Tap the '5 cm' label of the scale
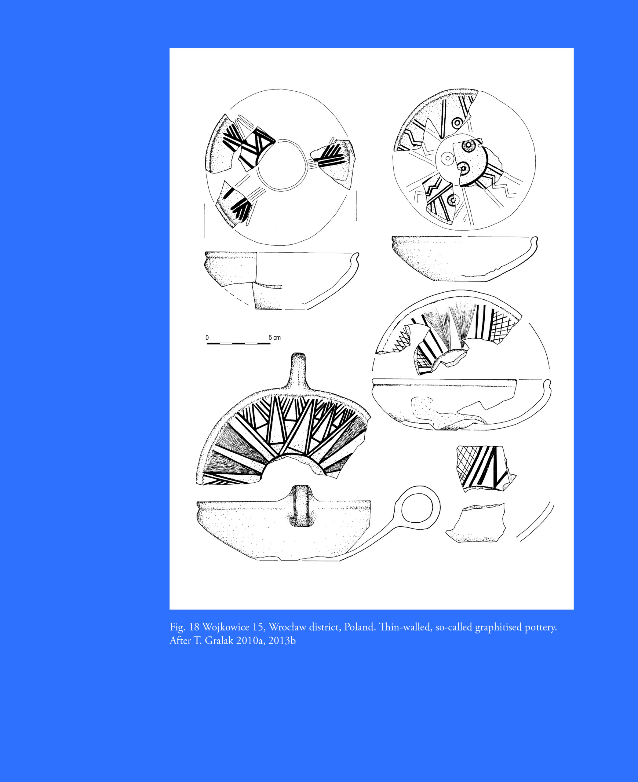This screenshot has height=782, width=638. pyautogui.click(x=275, y=337)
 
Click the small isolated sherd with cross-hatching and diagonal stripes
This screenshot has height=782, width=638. pyautogui.click(x=484, y=468)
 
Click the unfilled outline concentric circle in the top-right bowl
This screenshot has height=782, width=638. pyautogui.click(x=447, y=158)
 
